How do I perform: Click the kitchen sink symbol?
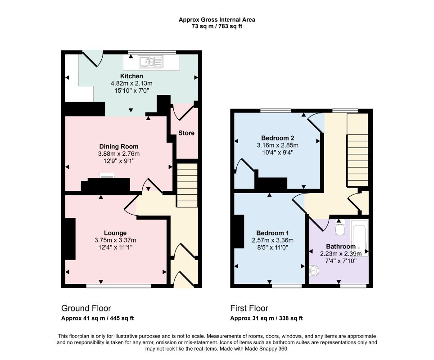point(151,62)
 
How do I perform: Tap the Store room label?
point(186,133)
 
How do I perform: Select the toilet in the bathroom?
point(339,227)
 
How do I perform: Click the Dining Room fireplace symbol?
point(107,176)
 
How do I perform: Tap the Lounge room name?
point(115,233)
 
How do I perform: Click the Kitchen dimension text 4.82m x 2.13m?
point(131,83)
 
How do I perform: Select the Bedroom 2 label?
point(278,138)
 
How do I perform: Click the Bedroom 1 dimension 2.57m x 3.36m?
point(273,240)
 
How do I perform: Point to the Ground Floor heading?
point(86,308)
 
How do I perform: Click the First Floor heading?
point(249,308)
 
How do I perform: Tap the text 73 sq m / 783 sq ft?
point(217,27)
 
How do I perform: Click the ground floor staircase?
point(187,185)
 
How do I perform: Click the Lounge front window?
point(119,286)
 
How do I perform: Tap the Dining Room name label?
point(119,147)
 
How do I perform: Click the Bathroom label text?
point(341,247)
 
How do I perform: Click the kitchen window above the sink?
point(152,52)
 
